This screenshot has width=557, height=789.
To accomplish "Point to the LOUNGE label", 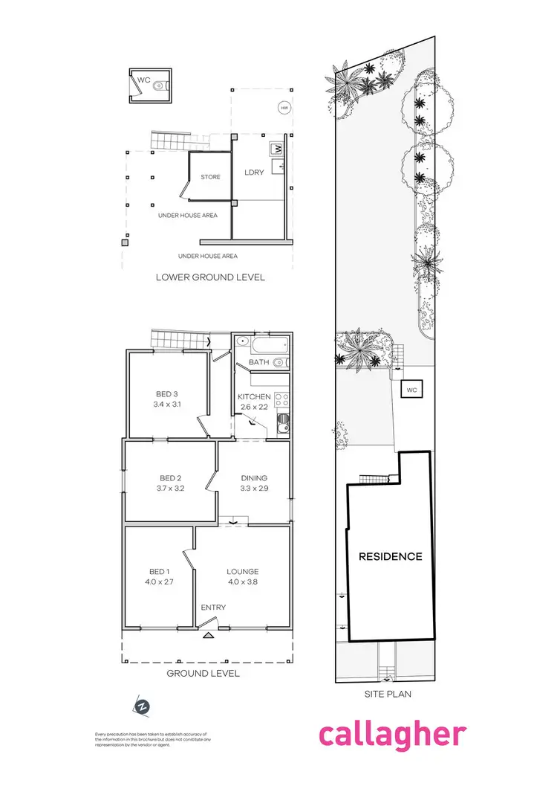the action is tap(243, 572).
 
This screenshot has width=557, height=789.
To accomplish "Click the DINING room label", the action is tap(254, 478).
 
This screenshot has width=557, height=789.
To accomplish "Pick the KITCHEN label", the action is tap(253, 396).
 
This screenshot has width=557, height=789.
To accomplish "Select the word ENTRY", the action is tap(214, 608).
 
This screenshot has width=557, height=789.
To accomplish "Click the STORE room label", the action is tap(211, 177).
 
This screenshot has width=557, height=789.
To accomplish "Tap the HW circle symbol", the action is tap(284, 108).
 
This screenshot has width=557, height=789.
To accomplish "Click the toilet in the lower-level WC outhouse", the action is tap(155, 87).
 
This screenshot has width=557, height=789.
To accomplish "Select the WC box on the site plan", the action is tap(411, 390).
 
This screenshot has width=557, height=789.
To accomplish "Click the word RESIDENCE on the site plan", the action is tap(391, 556).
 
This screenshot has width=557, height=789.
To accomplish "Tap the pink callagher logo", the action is tap(393, 734).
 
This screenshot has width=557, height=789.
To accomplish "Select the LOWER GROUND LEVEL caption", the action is tap(210, 277).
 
